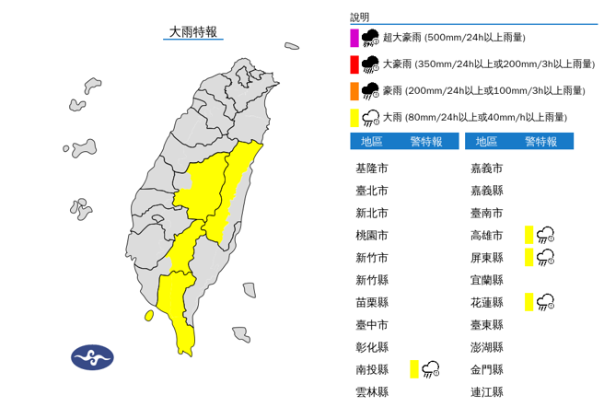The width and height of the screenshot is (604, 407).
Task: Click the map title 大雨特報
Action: [193, 31]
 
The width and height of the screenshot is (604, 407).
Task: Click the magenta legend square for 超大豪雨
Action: [354, 38]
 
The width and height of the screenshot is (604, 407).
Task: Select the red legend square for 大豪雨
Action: [354, 64]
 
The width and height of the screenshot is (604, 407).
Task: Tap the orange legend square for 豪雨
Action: [354, 90]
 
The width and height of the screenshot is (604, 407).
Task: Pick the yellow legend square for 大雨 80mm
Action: [354, 117]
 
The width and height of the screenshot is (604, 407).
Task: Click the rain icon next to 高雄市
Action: [545, 235]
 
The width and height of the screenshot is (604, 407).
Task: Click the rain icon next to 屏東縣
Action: [545, 257]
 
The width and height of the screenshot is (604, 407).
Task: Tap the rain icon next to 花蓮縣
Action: [545, 301]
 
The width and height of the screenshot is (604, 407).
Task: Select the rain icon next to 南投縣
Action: [431, 369]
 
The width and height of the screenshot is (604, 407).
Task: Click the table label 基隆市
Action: [371, 169]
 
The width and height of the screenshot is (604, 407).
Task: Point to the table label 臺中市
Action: [371, 325]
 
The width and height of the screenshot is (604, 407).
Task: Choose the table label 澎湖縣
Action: [486, 347]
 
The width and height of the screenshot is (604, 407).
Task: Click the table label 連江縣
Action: [486, 391]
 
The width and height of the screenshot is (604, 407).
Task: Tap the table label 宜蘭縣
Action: [486, 280]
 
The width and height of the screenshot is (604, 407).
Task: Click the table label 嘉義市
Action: [486, 169]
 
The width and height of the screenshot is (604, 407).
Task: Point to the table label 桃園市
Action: [371, 236]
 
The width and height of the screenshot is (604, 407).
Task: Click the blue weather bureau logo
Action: [92, 356]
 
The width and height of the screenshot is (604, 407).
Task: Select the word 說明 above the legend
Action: [359, 17]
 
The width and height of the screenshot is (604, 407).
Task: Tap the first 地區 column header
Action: [372, 142]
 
